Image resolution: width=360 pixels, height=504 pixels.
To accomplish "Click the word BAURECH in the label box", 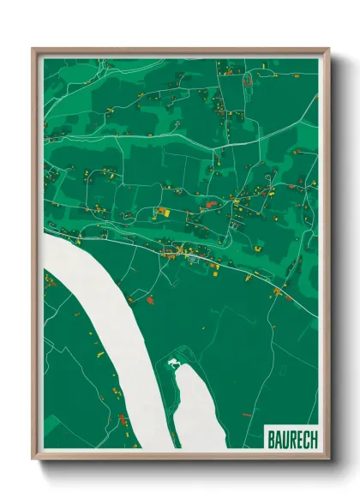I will (x=291, y=438).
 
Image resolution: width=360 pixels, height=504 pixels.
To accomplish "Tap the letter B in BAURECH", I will (x=271, y=438).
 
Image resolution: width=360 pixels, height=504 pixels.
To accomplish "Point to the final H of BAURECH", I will (x=313, y=438).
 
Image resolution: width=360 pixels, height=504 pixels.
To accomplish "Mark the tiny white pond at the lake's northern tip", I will (x=174, y=363).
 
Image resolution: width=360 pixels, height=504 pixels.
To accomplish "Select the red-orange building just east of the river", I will (x=149, y=301).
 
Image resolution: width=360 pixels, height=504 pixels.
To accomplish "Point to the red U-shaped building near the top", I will (x=248, y=81).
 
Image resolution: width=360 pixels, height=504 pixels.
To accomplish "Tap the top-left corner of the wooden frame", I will (x=33, y=49).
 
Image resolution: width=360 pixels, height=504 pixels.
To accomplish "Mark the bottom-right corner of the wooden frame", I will (x=329, y=459).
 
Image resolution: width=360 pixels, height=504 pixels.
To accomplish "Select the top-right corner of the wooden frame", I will (x=329, y=49).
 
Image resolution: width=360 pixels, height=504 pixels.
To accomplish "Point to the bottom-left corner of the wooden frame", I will (x=33, y=459).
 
